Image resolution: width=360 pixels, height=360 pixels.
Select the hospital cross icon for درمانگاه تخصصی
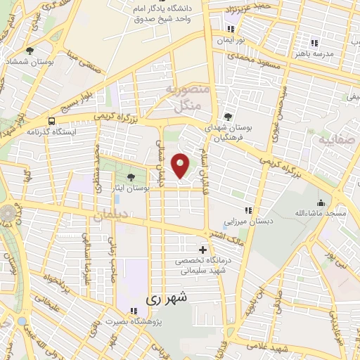coord(203,250)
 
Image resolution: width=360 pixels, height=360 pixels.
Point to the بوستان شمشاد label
coord(28,62)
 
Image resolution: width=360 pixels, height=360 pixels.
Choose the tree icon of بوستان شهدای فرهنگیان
coord(226,117)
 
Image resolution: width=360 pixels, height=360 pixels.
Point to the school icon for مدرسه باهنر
coord(303,42)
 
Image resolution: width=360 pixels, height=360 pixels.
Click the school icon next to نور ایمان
coord(231,30)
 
